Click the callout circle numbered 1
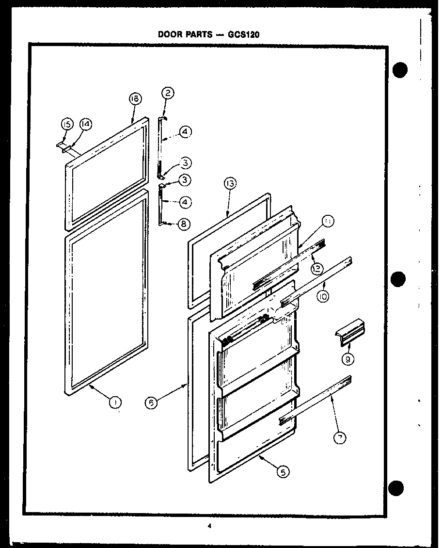click(x=115, y=402)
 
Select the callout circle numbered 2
click(x=168, y=93)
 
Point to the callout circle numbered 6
click(x=152, y=403)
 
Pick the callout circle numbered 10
click(x=323, y=296)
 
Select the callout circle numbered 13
click(x=230, y=184)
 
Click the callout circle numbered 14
click(x=85, y=125)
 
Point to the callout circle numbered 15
click(x=67, y=125)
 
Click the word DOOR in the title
click(x=169, y=34)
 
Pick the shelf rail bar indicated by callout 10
click(x=317, y=283)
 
